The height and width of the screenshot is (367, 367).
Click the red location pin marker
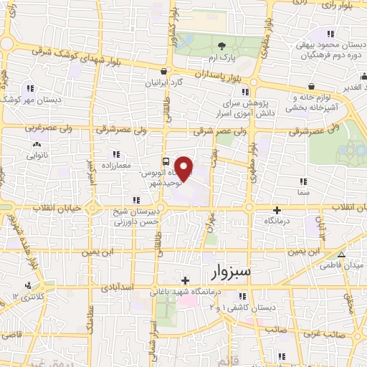pos(185,168)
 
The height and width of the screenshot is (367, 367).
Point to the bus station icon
pos(166,161)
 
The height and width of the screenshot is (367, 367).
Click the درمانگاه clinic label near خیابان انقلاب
pos(278,221)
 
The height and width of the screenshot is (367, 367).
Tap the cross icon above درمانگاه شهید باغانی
pos(186,281)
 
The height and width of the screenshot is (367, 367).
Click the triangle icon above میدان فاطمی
pos(343,255)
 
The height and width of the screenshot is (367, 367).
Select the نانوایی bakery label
pos(36,153)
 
